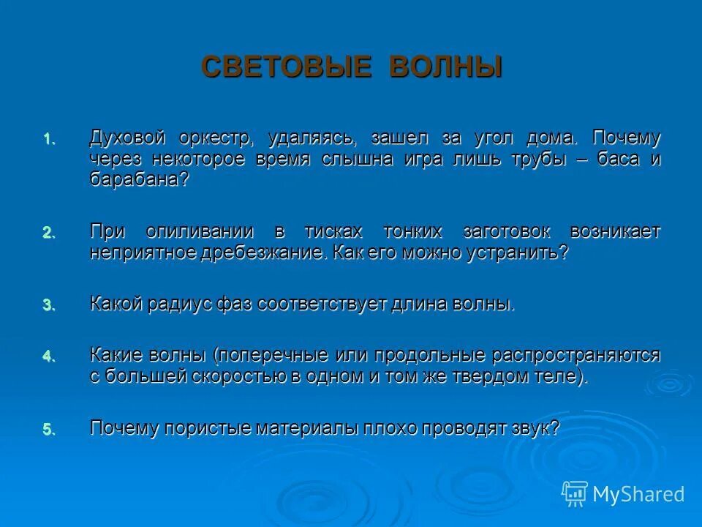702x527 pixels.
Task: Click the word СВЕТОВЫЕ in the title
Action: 282,67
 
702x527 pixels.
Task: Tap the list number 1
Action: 48,138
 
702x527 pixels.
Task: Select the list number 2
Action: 48,233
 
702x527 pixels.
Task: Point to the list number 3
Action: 48,305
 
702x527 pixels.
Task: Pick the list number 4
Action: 48,356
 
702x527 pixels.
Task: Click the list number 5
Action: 48,430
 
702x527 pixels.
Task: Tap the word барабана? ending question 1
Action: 139,180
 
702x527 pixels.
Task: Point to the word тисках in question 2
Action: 333,232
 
